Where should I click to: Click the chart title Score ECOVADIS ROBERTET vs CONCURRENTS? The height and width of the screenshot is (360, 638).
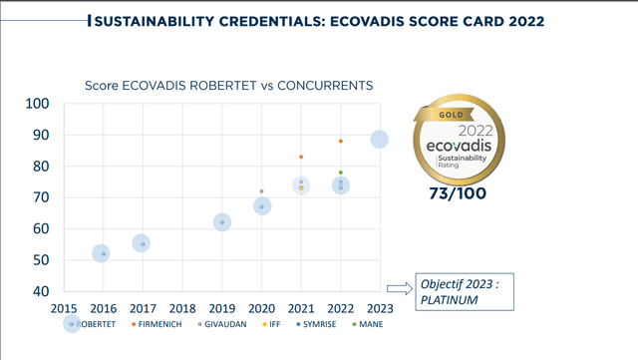[229, 86]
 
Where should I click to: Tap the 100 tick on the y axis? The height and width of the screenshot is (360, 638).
[37, 104]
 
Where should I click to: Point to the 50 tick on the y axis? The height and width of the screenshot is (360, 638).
[41, 261]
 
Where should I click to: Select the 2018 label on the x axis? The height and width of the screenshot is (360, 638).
[182, 309]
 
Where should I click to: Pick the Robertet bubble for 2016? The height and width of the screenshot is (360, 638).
[101, 254]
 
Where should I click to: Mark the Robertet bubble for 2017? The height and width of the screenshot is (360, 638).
[142, 243]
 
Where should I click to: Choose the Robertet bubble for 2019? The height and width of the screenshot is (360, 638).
[222, 222]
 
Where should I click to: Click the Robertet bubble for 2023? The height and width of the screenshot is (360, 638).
[380, 140]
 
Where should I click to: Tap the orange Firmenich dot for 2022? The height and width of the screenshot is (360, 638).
[341, 142]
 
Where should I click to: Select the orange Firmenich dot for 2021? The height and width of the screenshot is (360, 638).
[301, 157]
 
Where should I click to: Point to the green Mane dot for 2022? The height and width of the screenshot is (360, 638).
[341, 173]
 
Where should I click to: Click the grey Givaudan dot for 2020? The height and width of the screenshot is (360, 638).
[261, 191]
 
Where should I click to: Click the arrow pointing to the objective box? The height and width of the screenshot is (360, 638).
[399, 289]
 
